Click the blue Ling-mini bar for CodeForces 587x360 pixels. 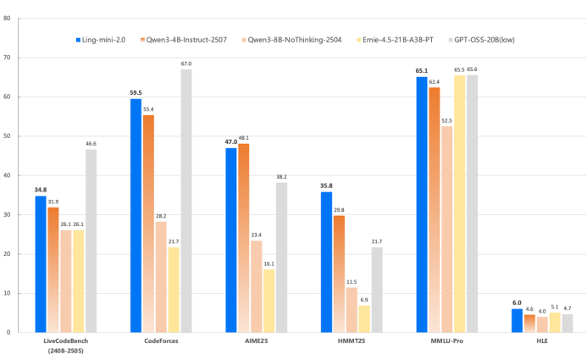136,215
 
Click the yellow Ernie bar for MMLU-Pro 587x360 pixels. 459,203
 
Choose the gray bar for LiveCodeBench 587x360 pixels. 91,241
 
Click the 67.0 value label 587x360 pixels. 186,64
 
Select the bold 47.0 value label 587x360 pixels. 231,142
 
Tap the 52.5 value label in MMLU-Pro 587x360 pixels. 446,120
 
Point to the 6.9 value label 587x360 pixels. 364,300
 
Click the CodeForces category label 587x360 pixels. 161,341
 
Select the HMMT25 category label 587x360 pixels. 352,341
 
